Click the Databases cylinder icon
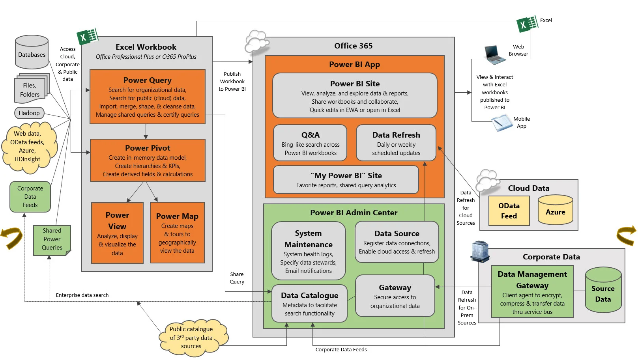32,52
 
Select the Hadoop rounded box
29,113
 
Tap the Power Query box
148,97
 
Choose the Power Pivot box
148,160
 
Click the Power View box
117,233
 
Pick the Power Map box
177,233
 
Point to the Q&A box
310,143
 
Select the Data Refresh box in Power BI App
396,143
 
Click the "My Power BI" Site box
346,180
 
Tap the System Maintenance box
308,251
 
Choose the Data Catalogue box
309,304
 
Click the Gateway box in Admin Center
395,296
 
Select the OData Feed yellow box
509,211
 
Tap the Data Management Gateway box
532,292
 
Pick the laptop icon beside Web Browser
494,55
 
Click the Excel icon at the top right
527,24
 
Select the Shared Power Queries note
52,240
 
